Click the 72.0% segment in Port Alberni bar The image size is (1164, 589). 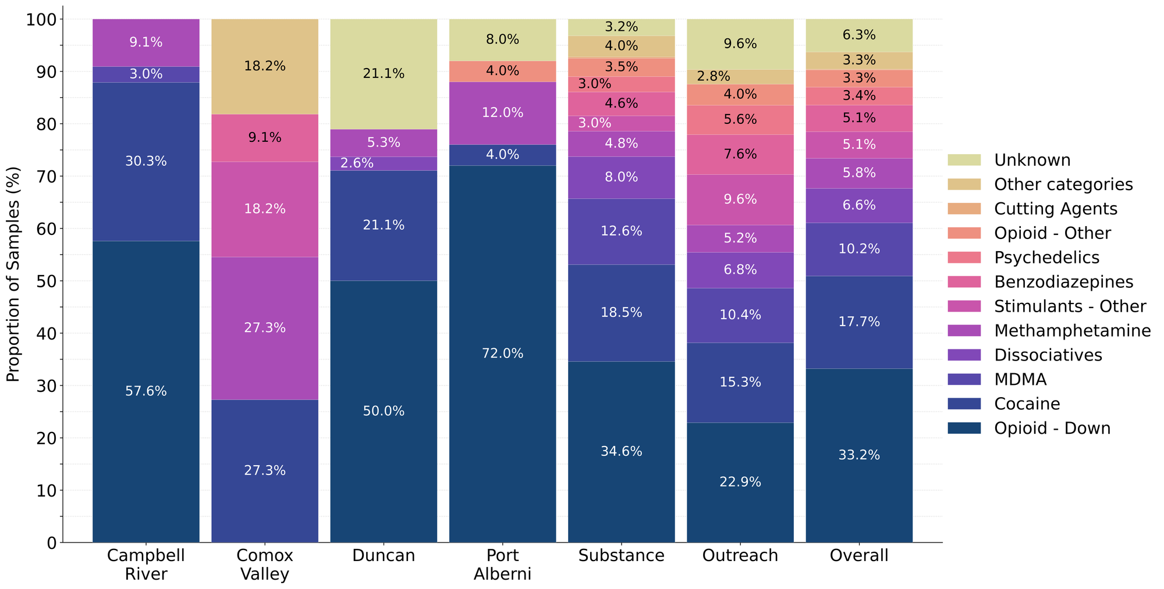[502, 354]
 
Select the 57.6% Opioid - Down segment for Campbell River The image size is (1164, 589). [146, 391]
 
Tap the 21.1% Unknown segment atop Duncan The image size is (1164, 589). [384, 74]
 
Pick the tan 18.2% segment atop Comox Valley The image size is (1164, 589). [265, 66]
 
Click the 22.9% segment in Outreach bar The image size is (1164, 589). [740, 482]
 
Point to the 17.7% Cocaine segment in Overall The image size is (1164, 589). [859, 322]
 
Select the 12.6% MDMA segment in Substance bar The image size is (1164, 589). [621, 231]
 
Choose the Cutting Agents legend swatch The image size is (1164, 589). [964, 209]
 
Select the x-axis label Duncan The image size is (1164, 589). [384, 556]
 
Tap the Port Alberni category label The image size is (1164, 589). [502, 565]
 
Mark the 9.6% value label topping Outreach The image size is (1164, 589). [740, 44]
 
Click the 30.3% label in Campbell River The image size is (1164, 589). [146, 162]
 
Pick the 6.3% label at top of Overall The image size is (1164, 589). [859, 35]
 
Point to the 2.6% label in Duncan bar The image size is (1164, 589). [357, 163]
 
